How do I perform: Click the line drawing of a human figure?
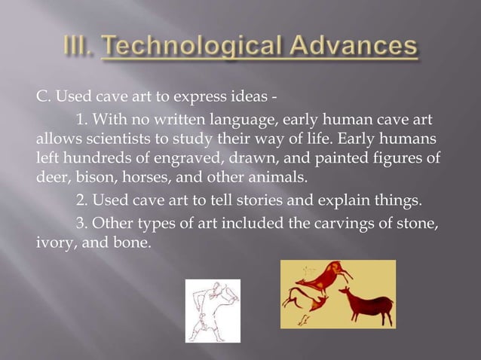pyautogui.click(x=213, y=310)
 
